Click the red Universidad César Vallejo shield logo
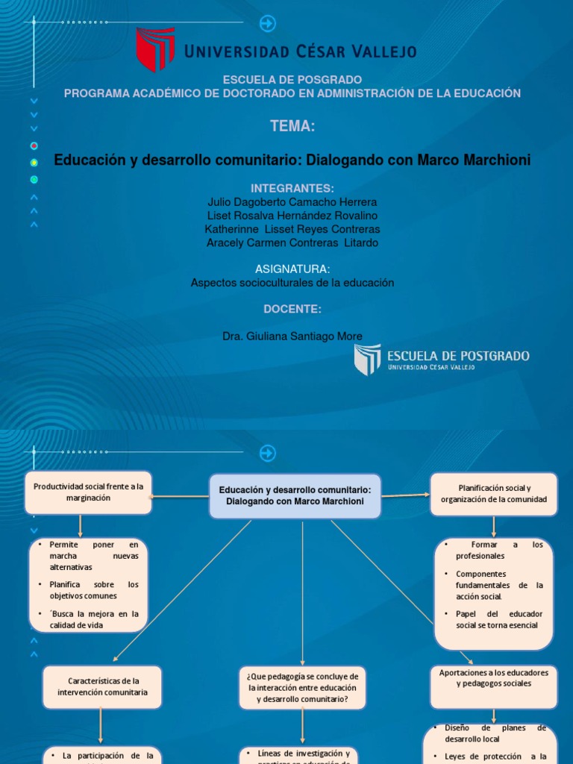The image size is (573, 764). [x=155, y=49]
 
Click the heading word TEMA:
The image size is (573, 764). [x=292, y=127]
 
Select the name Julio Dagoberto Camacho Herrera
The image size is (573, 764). [x=292, y=202]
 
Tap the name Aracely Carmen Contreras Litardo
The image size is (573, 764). [x=292, y=242]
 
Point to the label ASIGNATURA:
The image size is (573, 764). [x=292, y=269]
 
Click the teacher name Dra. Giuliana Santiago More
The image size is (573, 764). [x=292, y=336]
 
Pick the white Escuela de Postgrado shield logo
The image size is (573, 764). [x=367, y=359]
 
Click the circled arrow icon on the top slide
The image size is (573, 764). [x=267, y=24]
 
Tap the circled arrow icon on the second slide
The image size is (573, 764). [x=267, y=453]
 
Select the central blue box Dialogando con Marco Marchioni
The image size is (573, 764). [x=295, y=496]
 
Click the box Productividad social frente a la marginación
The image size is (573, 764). [x=88, y=492]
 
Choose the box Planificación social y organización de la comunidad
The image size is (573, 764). [x=493, y=493]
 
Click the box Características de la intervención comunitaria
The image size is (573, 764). [x=103, y=686]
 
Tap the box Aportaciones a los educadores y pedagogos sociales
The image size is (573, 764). [x=493, y=687]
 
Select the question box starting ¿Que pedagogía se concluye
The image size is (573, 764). [x=302, y=687]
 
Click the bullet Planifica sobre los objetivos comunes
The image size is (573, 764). [x=90, y=590]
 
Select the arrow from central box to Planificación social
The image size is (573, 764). [x=406, y=494]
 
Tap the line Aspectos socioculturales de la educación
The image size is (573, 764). [x=292, y=283]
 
